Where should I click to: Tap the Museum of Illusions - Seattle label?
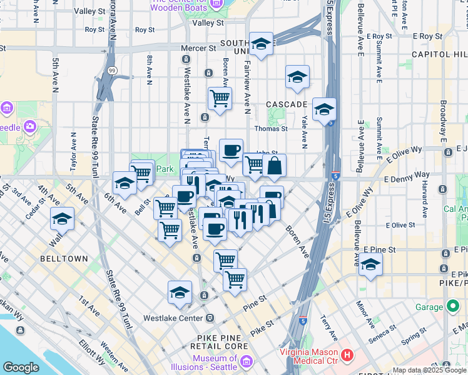[218, 362]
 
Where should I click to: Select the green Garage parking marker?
[453, 306]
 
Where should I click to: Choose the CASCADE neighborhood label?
[286, 104]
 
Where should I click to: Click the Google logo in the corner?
[21, 367]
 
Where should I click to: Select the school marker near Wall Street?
[62, 219]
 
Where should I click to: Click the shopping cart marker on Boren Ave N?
[220, 98]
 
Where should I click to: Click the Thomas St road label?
[270, 129]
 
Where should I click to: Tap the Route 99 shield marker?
[111, 70]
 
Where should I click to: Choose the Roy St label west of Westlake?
[145, 29]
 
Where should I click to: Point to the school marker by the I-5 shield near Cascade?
[324, 109]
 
